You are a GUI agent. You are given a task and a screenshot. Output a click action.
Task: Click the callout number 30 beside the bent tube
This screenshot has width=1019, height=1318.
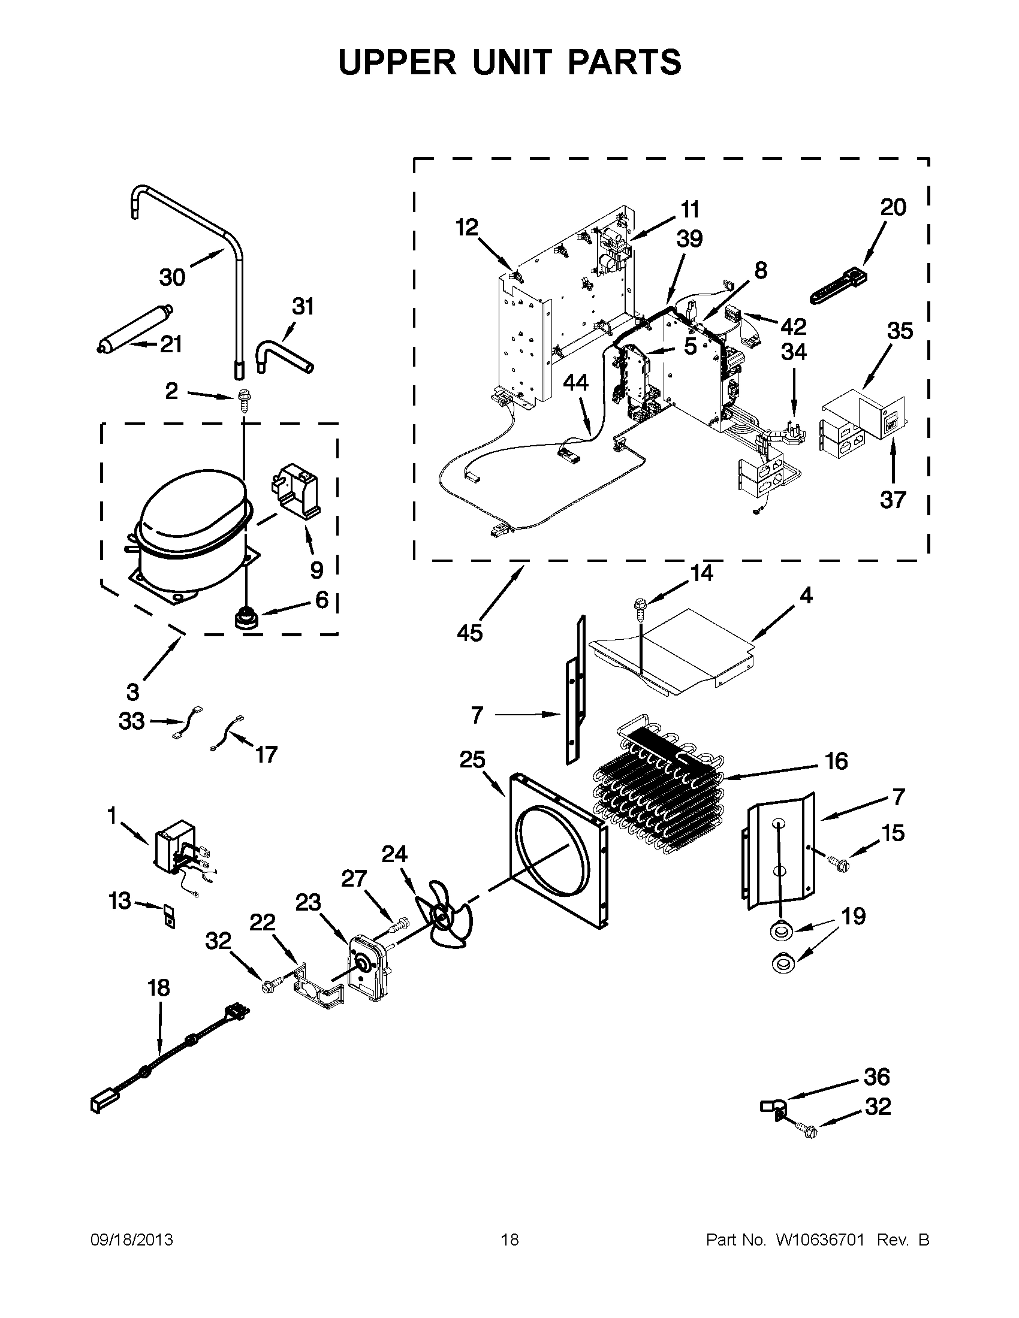172,277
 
